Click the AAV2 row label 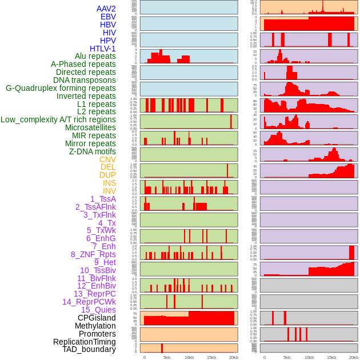106,9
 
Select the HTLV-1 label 102,49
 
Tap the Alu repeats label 95,57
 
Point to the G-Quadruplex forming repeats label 61,88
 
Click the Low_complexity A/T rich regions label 58,119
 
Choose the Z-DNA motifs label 92,151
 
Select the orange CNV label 107,159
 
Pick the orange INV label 109,191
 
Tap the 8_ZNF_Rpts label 93,254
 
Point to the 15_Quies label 98,310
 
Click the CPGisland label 97,318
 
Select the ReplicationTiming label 84,342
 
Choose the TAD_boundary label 89,349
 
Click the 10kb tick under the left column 189,357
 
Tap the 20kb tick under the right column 354,357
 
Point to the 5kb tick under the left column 166,357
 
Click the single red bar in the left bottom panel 162,348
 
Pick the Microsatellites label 90,127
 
